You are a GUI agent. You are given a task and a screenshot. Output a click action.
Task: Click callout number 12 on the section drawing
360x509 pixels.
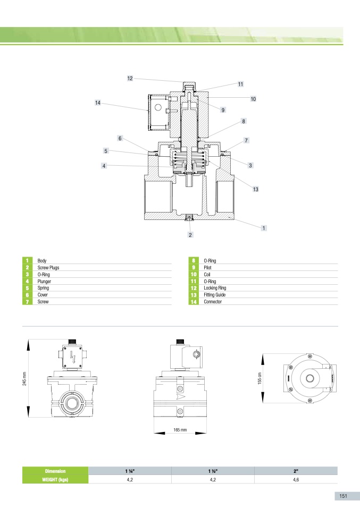[x=130, y=78]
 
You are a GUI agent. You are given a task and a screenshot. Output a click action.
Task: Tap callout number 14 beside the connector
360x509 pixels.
[x=97, y=103]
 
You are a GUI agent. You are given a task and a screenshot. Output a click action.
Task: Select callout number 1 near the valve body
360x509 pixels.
[x=264, y=228]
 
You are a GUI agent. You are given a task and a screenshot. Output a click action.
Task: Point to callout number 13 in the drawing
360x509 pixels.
[x=256, y=189]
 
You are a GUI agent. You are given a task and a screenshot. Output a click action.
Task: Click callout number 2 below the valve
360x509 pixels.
[x=190, y=235]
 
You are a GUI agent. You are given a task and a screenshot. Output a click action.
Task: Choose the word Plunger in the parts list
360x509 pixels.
[x=44, y=282]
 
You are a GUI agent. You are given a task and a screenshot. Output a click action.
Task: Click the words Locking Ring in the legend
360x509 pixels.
[x=215, y=288]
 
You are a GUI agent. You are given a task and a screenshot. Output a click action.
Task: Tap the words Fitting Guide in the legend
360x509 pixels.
[x=214, y=295]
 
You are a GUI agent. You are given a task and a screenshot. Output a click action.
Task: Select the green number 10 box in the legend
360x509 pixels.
[x=194, y=274]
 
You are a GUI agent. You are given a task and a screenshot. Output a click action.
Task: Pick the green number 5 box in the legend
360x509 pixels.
[x=27, y=288]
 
